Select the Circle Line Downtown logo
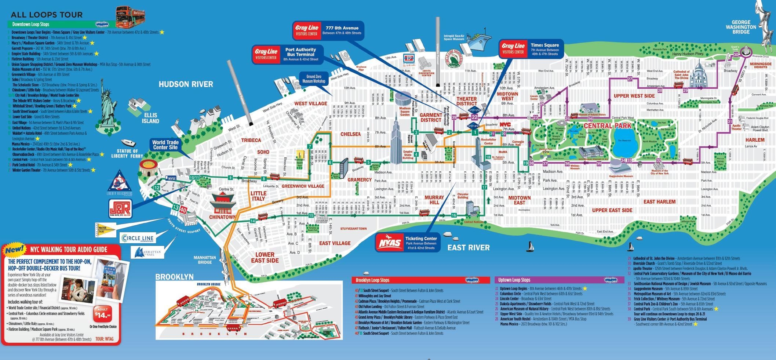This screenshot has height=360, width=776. (x=138, y=239)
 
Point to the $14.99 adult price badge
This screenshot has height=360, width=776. (x=102, y=314)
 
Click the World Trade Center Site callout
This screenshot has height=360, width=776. (x=165, y=145)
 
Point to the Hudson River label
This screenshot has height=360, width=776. (x=186, y=84)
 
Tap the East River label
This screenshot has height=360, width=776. (x=468, y=248)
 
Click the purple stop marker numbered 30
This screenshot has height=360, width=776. (x=736, y=55)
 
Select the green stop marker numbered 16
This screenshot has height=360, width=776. (x=454, y=215)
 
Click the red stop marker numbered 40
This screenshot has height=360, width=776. (x=183, y=210)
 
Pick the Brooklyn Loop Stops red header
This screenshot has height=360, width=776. (x=420, y=280)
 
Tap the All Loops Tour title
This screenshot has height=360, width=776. (x=47, y=15)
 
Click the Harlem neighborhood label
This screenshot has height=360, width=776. (x=755, y=140)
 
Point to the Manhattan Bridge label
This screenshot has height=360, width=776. (x=205, y=260)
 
